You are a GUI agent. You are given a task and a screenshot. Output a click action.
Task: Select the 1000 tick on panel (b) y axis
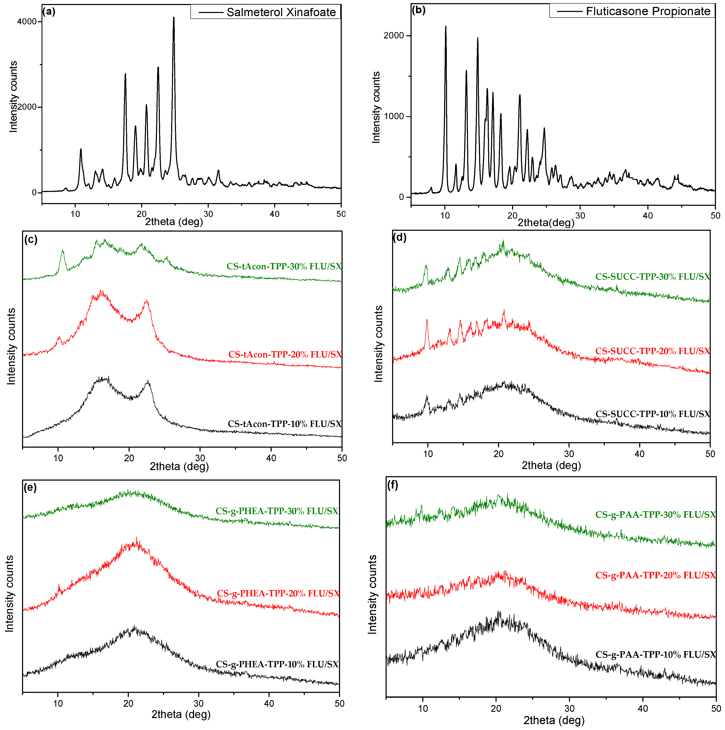[x=394, y=116]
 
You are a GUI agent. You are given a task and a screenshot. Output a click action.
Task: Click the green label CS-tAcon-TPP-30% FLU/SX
[x=284, y=266]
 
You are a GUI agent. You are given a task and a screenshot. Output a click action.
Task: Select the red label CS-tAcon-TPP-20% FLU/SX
[x=285, y=355]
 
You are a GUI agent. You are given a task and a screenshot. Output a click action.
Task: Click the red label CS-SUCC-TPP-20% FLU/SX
[x=652, y=351]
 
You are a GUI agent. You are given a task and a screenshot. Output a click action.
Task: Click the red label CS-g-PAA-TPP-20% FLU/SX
[x=656, y=575]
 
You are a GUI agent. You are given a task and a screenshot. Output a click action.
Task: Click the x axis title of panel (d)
[x=551, y=465]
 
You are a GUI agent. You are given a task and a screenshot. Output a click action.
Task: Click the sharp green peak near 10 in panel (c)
[x=63, y=250]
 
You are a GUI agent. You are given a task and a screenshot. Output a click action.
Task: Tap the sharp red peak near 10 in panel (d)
[x=427, y=320]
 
